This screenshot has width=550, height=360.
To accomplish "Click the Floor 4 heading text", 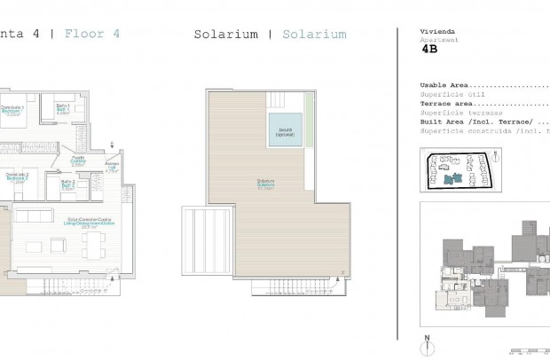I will (x=92, y=35).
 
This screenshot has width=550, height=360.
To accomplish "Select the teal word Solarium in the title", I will (x=314, y=35).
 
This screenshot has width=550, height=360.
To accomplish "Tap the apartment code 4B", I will (x=430, y=51).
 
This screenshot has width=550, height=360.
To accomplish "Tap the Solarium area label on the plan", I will (x=265, y=184).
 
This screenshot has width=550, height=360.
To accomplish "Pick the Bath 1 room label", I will (x=63, y=110).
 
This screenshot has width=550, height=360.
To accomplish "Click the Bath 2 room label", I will (x=68, y=184).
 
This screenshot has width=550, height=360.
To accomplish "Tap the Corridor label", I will (x=77, y=161).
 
